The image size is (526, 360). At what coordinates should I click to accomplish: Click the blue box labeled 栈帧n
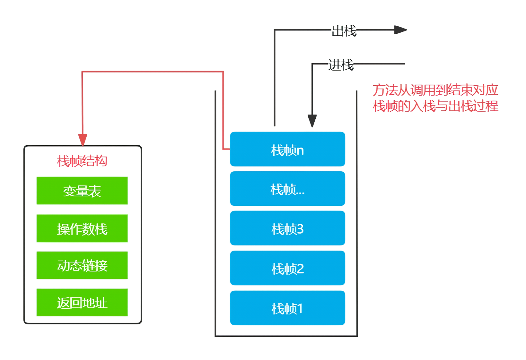[x=287, y=149]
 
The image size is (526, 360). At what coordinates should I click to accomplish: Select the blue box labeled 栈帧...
[x=287, y=189]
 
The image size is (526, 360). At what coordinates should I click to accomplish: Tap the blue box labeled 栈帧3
[x=287, y=228]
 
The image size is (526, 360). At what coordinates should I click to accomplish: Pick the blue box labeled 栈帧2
[x=287, y=268]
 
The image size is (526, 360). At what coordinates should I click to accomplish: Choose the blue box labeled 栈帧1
[x=287, y=308]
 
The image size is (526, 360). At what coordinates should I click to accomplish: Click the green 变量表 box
[x=82, y=191]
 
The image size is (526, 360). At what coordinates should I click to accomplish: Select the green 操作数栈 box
[x=82, y=228]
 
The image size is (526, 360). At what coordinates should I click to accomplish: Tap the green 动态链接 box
[x=82, y=265]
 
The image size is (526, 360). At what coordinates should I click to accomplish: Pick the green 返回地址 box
[x=82, y=303]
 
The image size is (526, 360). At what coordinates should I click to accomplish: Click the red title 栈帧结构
[x=82, y=161]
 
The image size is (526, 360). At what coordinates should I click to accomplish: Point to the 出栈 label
[x=344, y=31]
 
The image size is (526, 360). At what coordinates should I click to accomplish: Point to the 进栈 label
[x=341, y=65]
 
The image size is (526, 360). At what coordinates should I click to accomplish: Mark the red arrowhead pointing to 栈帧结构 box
[x=83, y=140]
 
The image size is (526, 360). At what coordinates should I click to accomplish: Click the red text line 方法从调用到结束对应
[x=435, y=90]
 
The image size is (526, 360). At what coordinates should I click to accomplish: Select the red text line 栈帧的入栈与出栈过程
[x=435, y=106]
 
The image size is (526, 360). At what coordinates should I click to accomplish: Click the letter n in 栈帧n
[x=300, y=150]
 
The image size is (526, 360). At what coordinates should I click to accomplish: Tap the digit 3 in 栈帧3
[x=300, y=229]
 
